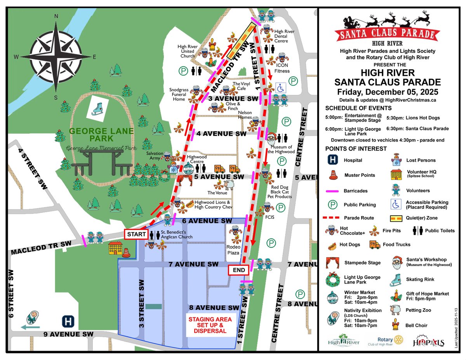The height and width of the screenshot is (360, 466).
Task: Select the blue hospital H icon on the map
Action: point(69,322)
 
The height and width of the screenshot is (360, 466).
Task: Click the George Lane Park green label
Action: point(102,135)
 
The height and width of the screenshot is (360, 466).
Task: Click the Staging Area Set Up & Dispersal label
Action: point(210,325)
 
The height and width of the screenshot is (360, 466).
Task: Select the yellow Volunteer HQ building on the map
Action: point(115,248)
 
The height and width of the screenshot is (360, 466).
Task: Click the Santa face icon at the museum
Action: point(273,138)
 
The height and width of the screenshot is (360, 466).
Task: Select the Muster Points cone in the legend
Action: point(333,175)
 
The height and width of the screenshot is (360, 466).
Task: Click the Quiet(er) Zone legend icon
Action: point(396,218)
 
